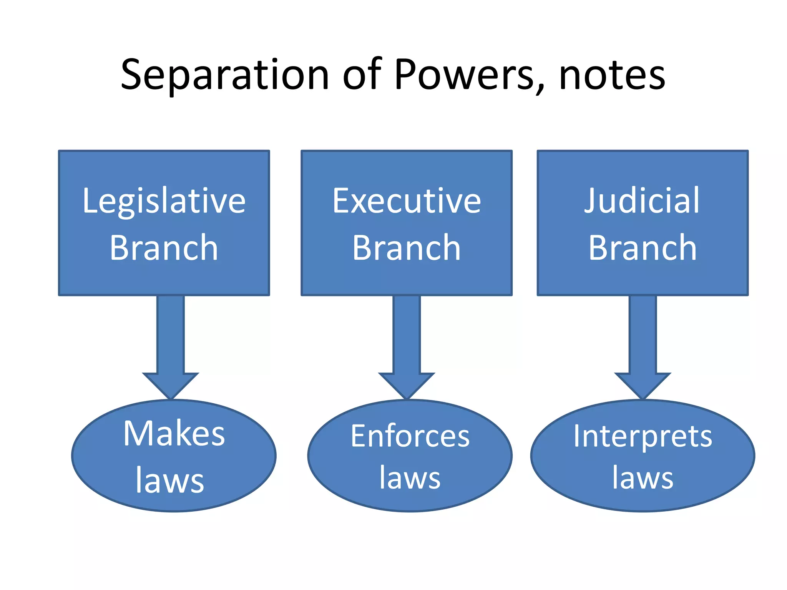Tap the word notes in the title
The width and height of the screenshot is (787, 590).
612,76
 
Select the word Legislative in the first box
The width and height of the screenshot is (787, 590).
164,201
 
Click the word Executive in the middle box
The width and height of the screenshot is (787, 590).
407,201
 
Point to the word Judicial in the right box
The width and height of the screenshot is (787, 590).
642,201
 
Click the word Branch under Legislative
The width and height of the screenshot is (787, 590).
164,248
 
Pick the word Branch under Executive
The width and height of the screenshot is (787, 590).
407,248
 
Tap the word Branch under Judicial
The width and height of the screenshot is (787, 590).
643,248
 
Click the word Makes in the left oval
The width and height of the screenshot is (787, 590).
174,434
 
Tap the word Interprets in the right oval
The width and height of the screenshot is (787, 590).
643,436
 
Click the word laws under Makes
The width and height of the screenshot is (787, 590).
170,481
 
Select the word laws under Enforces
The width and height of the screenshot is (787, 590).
410,478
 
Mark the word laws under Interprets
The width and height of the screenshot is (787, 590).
643,478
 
